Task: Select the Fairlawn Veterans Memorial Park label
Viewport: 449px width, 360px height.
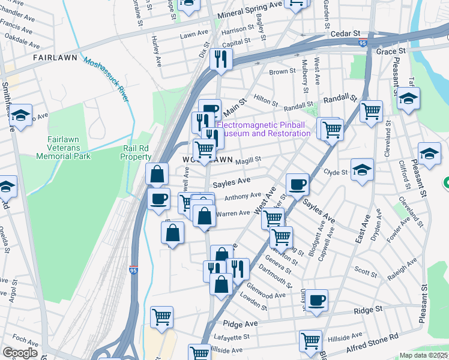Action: pyautogui.click(x=63, y=148)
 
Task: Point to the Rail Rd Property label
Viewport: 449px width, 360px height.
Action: pyautogui.click(x=137, y=152)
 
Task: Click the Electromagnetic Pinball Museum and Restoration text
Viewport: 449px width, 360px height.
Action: pyautogui.click(x=264, y=129)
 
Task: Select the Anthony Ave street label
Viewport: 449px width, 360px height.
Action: pyautogui.click(x=243, y=196)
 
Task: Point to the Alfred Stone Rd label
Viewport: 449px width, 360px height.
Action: pyautogui.click(x=372, y=344)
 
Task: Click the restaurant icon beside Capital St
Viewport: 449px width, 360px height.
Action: pyautogui.click(x=220, y=59)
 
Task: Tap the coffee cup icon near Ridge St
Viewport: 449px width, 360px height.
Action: pyautogui.click(x=316, y=299)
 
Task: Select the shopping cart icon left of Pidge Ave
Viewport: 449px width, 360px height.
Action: pyautogui.click(x=161, y=316)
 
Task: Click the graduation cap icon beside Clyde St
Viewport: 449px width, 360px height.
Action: pyautogui.click(x=362, y=169)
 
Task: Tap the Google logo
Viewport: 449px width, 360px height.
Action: pyautogui.click(x=20, y=353)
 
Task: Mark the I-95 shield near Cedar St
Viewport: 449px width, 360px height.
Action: pyautogui.click(x=362, y=43)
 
